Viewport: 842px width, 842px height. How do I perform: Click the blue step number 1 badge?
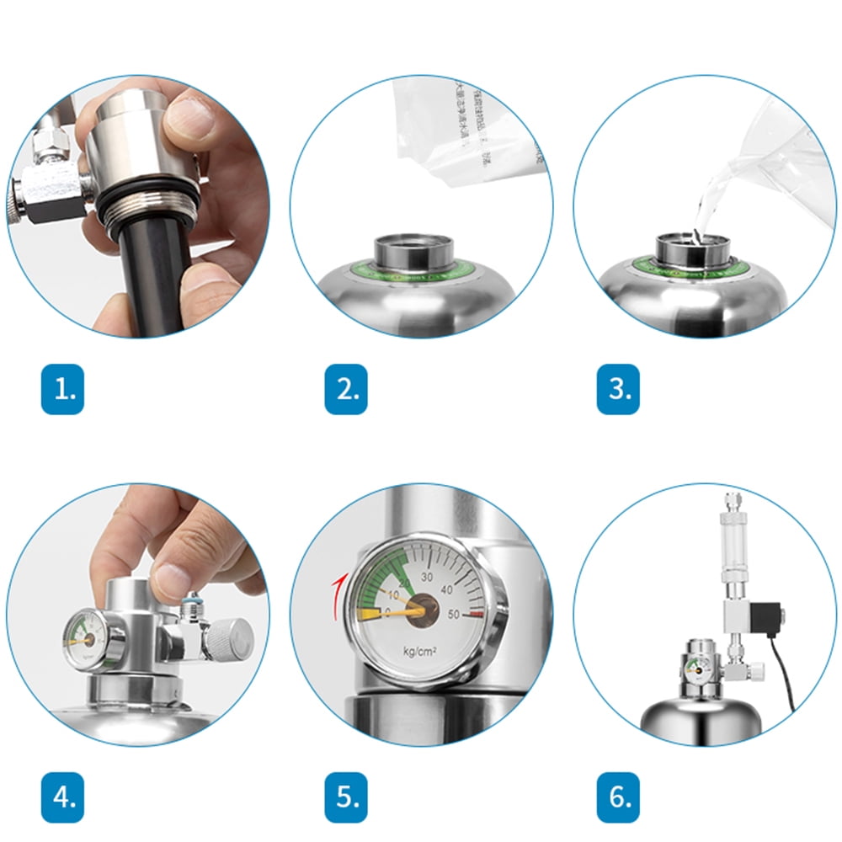(x=62, y=389)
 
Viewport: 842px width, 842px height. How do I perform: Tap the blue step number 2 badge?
(x=346, y=389)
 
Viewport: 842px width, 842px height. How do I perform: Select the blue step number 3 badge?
(x=618, y=389)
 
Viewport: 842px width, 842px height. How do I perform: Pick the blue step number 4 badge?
(x=62, y=797)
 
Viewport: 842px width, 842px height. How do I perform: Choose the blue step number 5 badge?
(x=346, y=797)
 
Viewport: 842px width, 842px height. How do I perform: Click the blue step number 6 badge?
(x=618, y=797)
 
